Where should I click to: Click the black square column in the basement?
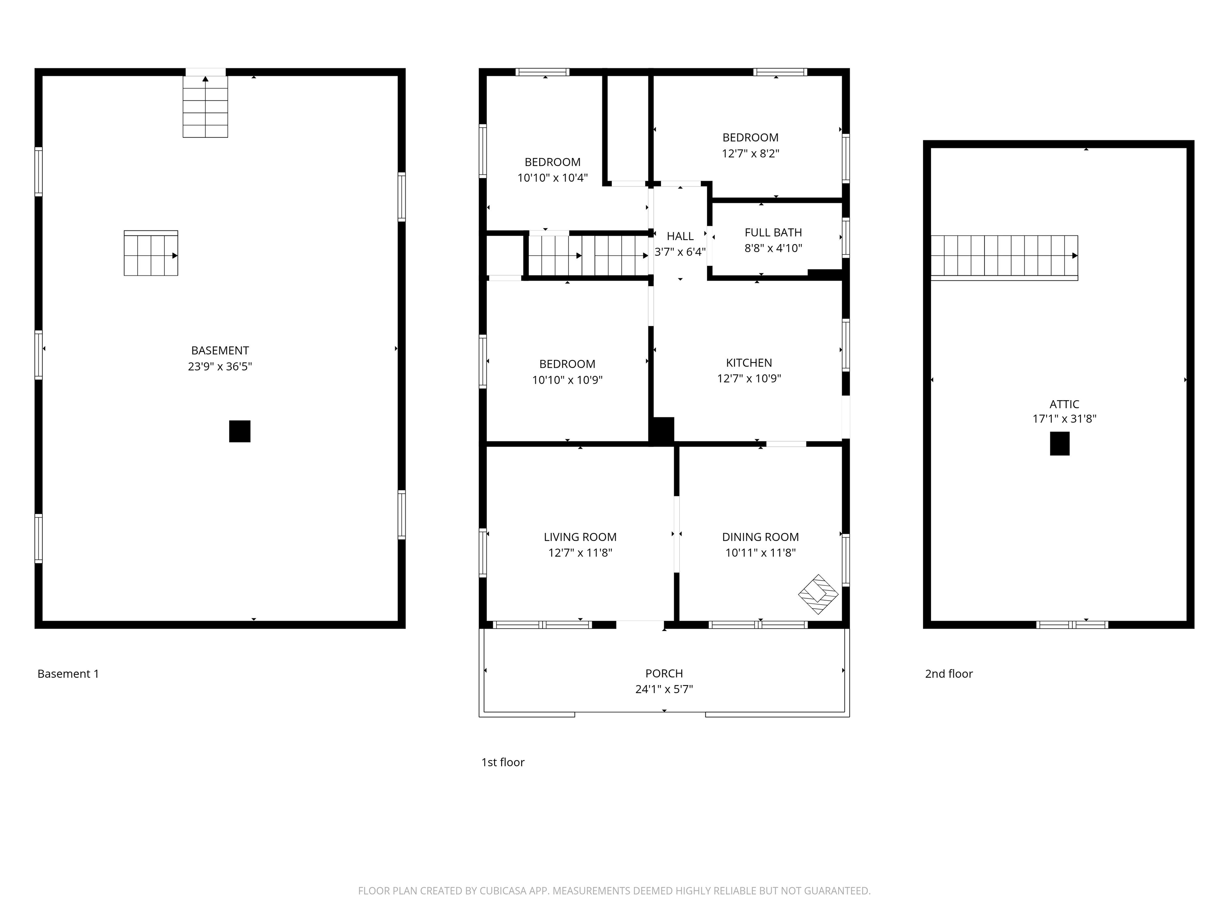(x=240, y=431)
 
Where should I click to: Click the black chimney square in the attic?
(x=1059, y=443)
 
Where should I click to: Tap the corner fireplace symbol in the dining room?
(x=818, y=594)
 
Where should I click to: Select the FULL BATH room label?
(x=773, y=233)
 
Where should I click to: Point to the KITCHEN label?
(x=749, y=363)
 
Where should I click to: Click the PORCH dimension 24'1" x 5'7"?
(x=664, y=689)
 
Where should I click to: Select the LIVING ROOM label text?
(x=580, y=537)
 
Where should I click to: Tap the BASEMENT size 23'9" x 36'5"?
(x=220, y=366)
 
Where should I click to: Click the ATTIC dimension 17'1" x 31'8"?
(x=1064, y=419)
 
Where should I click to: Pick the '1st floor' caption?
(x=502, y=762)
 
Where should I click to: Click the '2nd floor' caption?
(x=949, y=673)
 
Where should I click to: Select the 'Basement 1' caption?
(x=68, y=673)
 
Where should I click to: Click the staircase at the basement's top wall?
(x=205, y=107)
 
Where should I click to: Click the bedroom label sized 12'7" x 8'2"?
(x=750, y=137)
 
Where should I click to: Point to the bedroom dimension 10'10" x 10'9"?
(x=567, y=380)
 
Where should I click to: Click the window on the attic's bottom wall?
(x=1072, y=625)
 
